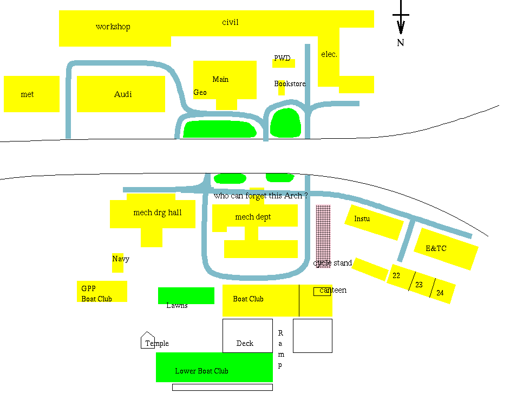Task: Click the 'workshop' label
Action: click(x=113, y=27)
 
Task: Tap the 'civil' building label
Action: click(x=230, y=22)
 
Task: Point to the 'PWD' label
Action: click(x=282, y=58)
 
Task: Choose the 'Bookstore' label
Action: click(x=290, y=83)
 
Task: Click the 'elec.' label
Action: click(x=329, y=54)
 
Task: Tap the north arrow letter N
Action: click(x=401, y=43)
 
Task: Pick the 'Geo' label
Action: click(x=200, y=92)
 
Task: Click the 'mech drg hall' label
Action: click(x=157, y=213)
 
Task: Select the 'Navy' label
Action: click(x=121, y=259)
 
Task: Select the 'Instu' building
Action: click(x=374, y=221)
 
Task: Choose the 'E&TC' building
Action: click(x=446, y=249)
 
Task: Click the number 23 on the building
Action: click(x=419, y=285)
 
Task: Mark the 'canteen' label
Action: click(x=332, y=290)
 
